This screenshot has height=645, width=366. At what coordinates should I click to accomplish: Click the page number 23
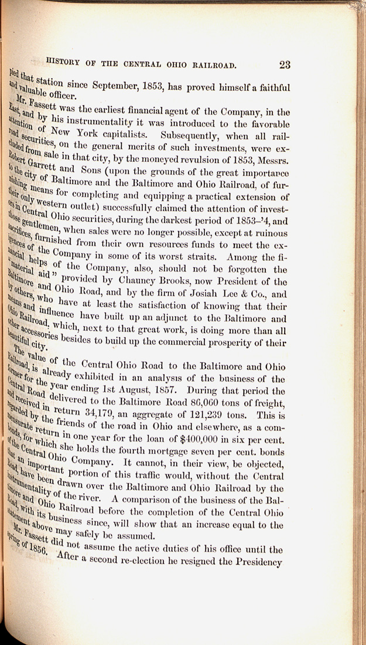click(x=285, y=64)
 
